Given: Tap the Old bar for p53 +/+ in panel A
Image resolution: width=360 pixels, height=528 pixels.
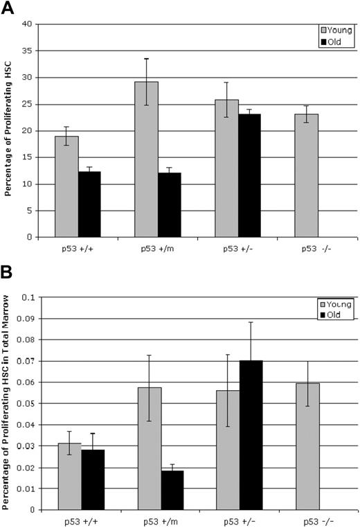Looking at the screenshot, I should [x=89, y=204].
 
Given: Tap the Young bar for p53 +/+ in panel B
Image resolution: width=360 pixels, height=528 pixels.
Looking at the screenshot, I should [x=69, y=476].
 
